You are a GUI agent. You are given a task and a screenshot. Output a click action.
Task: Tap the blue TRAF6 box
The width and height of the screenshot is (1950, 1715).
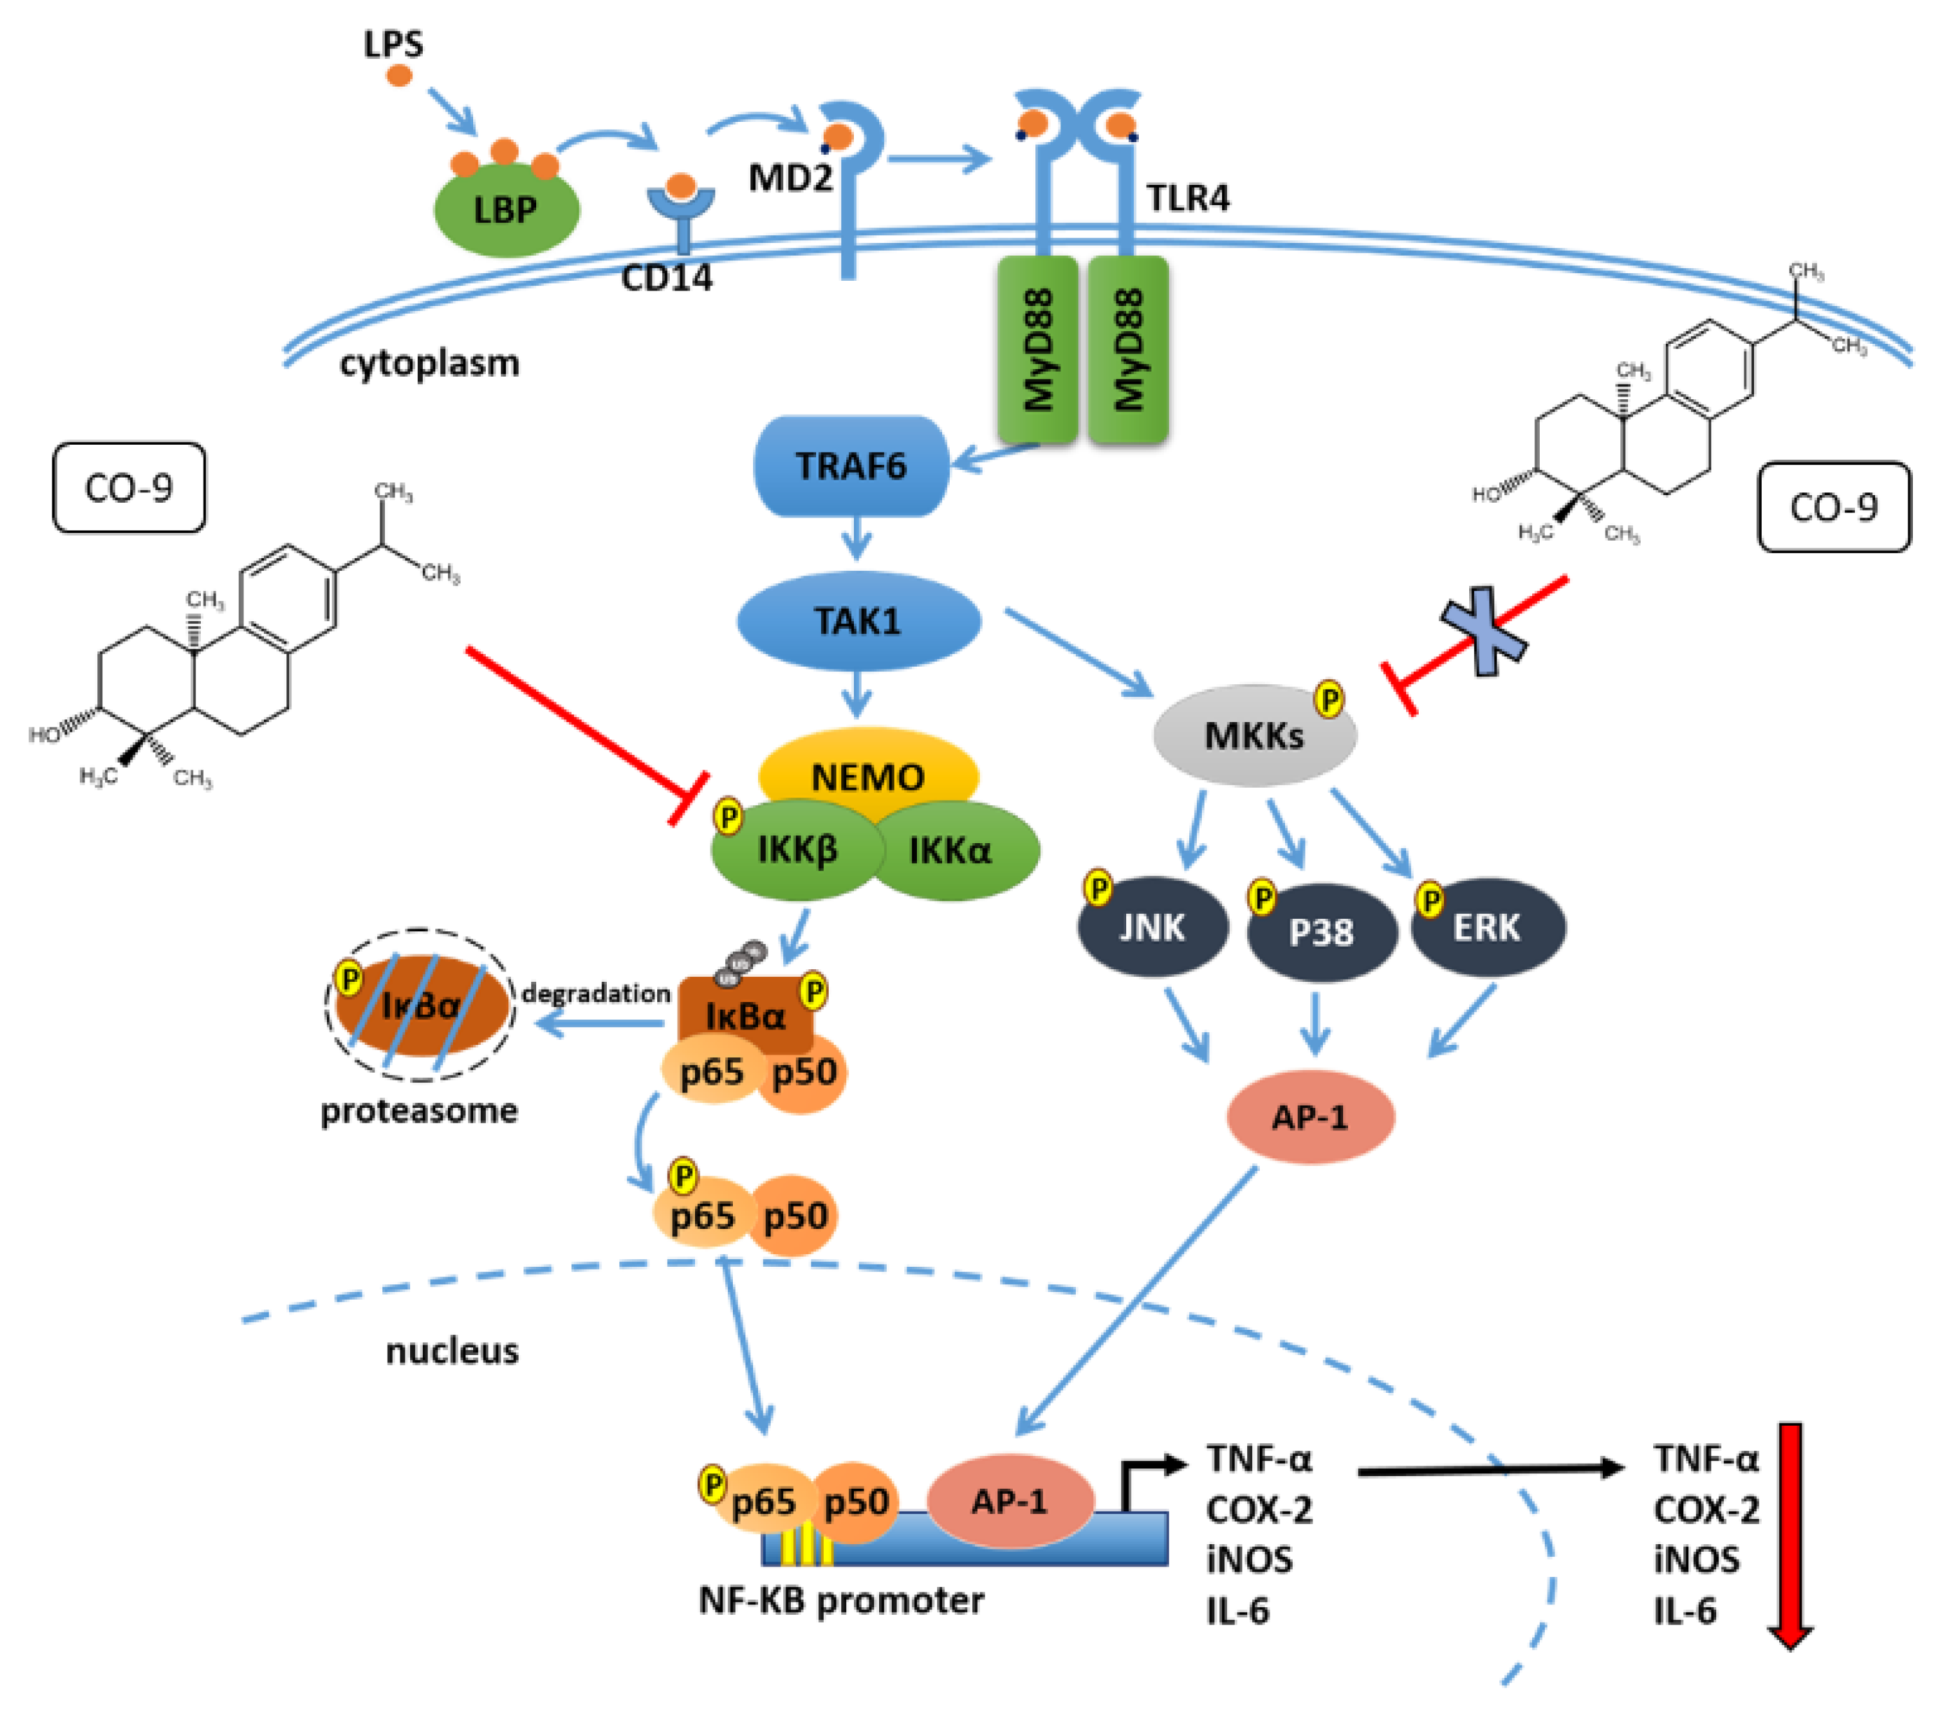click(851, 466)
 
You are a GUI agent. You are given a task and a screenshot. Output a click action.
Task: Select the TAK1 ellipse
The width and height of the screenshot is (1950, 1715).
click(857, 621)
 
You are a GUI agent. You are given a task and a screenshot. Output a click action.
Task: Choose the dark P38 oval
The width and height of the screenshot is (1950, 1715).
click(1321, 932)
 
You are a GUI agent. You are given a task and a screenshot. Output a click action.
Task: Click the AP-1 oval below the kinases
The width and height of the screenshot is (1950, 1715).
click(1310, 1117)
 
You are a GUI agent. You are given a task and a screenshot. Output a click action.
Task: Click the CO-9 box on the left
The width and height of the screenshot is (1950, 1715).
click(129, 487)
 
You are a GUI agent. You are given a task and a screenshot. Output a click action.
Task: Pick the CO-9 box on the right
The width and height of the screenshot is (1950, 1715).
click(1834, 508)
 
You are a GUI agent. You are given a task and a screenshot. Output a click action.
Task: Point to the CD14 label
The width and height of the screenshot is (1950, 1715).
click(666, 278)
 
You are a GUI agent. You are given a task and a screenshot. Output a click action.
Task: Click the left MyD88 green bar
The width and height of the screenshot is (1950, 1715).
click(1037, 349)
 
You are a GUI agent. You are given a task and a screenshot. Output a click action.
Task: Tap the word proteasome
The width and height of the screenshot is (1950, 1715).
click(419, 1111)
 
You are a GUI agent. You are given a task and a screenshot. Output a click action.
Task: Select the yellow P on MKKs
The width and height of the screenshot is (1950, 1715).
click(1329, 700)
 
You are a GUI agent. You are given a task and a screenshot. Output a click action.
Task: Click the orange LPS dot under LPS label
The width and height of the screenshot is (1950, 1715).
click(399, 76)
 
